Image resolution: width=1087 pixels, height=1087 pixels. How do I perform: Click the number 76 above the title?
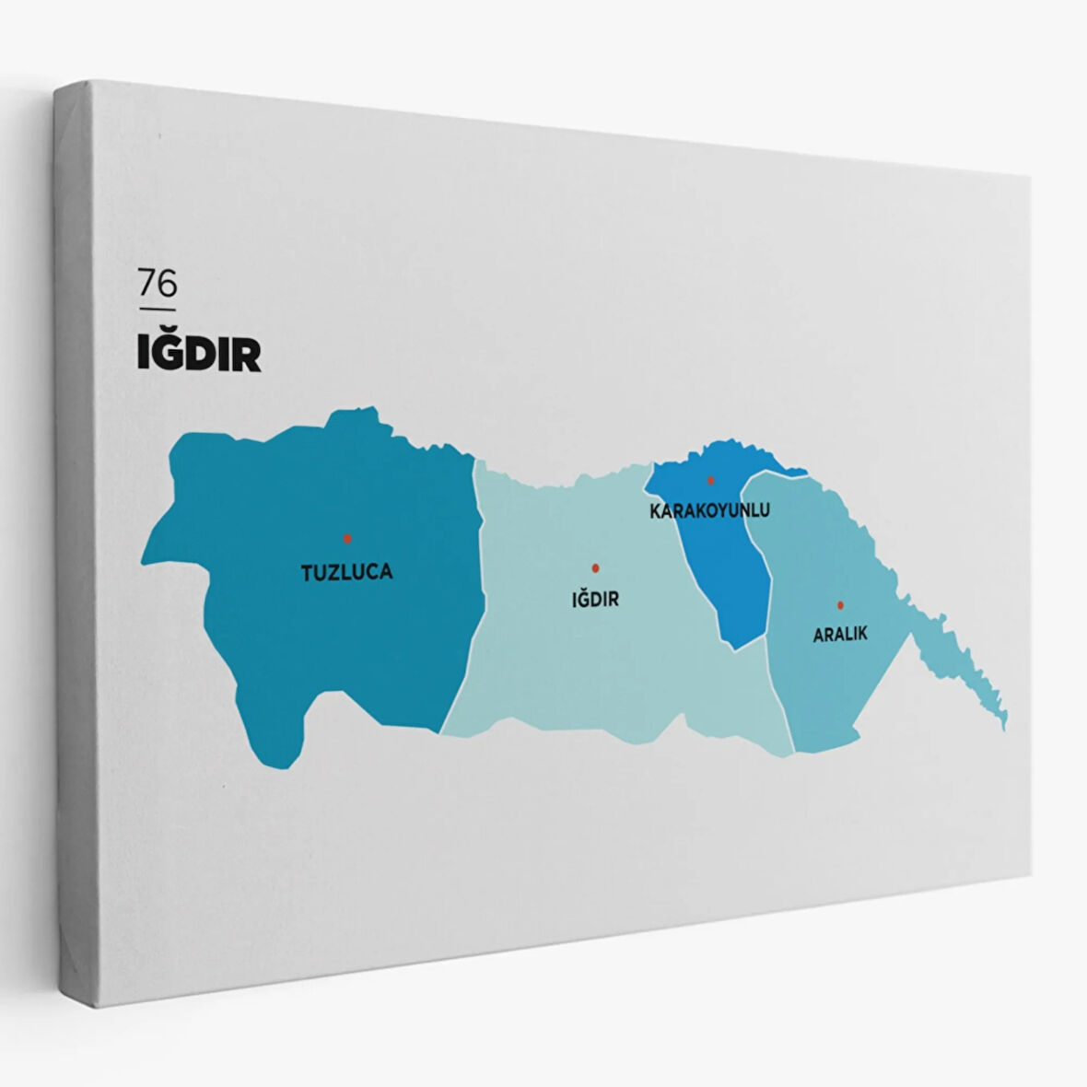157,284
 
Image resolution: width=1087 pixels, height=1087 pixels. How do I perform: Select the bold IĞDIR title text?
199,354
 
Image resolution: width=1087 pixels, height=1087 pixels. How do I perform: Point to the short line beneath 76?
157,309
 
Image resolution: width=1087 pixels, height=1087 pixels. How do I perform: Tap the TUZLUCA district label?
346,572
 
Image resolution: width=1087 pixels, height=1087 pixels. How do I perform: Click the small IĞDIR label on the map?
595,600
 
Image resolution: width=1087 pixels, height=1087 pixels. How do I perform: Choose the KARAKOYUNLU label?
709,509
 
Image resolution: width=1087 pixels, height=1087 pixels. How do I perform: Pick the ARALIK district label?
840,635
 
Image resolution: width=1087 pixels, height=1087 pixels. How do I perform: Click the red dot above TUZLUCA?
347,538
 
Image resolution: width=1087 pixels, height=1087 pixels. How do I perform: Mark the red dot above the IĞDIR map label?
595,567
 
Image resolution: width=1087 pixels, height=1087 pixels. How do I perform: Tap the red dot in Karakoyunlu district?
710,480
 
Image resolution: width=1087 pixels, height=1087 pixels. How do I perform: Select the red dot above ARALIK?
840,605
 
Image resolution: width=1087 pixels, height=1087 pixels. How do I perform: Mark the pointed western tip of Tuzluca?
145,558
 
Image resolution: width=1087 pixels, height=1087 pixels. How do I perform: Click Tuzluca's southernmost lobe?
275,751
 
